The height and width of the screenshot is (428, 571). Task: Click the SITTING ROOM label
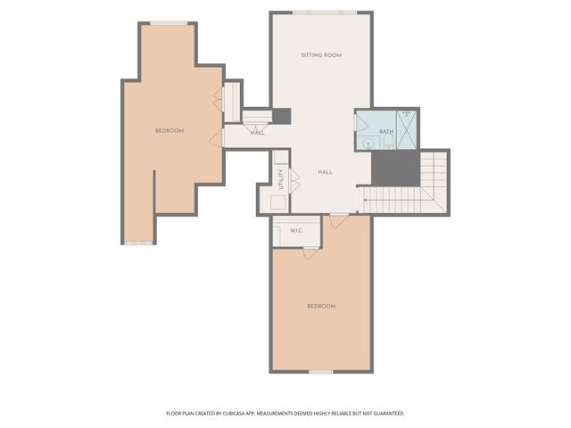click(x=321, y=55)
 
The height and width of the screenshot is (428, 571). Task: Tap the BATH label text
click(x=385, y=132)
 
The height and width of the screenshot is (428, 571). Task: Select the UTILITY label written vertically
click(x=281, y=179)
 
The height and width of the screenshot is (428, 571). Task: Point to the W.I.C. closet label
click(x=297, y=231)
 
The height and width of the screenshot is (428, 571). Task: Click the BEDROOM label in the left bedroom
click(x=170, y=131)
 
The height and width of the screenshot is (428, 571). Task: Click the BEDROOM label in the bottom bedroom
click(x=321, y=306)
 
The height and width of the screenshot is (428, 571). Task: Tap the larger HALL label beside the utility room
click(x=326, y=171)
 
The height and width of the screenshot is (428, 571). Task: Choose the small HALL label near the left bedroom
click(x=257, y=133)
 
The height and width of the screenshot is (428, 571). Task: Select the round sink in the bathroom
click(x=367, y=142)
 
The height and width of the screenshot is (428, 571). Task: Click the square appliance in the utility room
click(x=278, y=202)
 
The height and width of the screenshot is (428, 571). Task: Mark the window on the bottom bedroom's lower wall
click(x=321, y=371)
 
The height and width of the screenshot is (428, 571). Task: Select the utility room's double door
click(x=294, y=181)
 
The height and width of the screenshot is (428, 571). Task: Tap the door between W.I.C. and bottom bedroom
click(x=310, y=253)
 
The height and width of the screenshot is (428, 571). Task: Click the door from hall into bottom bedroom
click(x=338, y=219)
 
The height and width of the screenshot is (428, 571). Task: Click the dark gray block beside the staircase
click(x=395, y=168)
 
